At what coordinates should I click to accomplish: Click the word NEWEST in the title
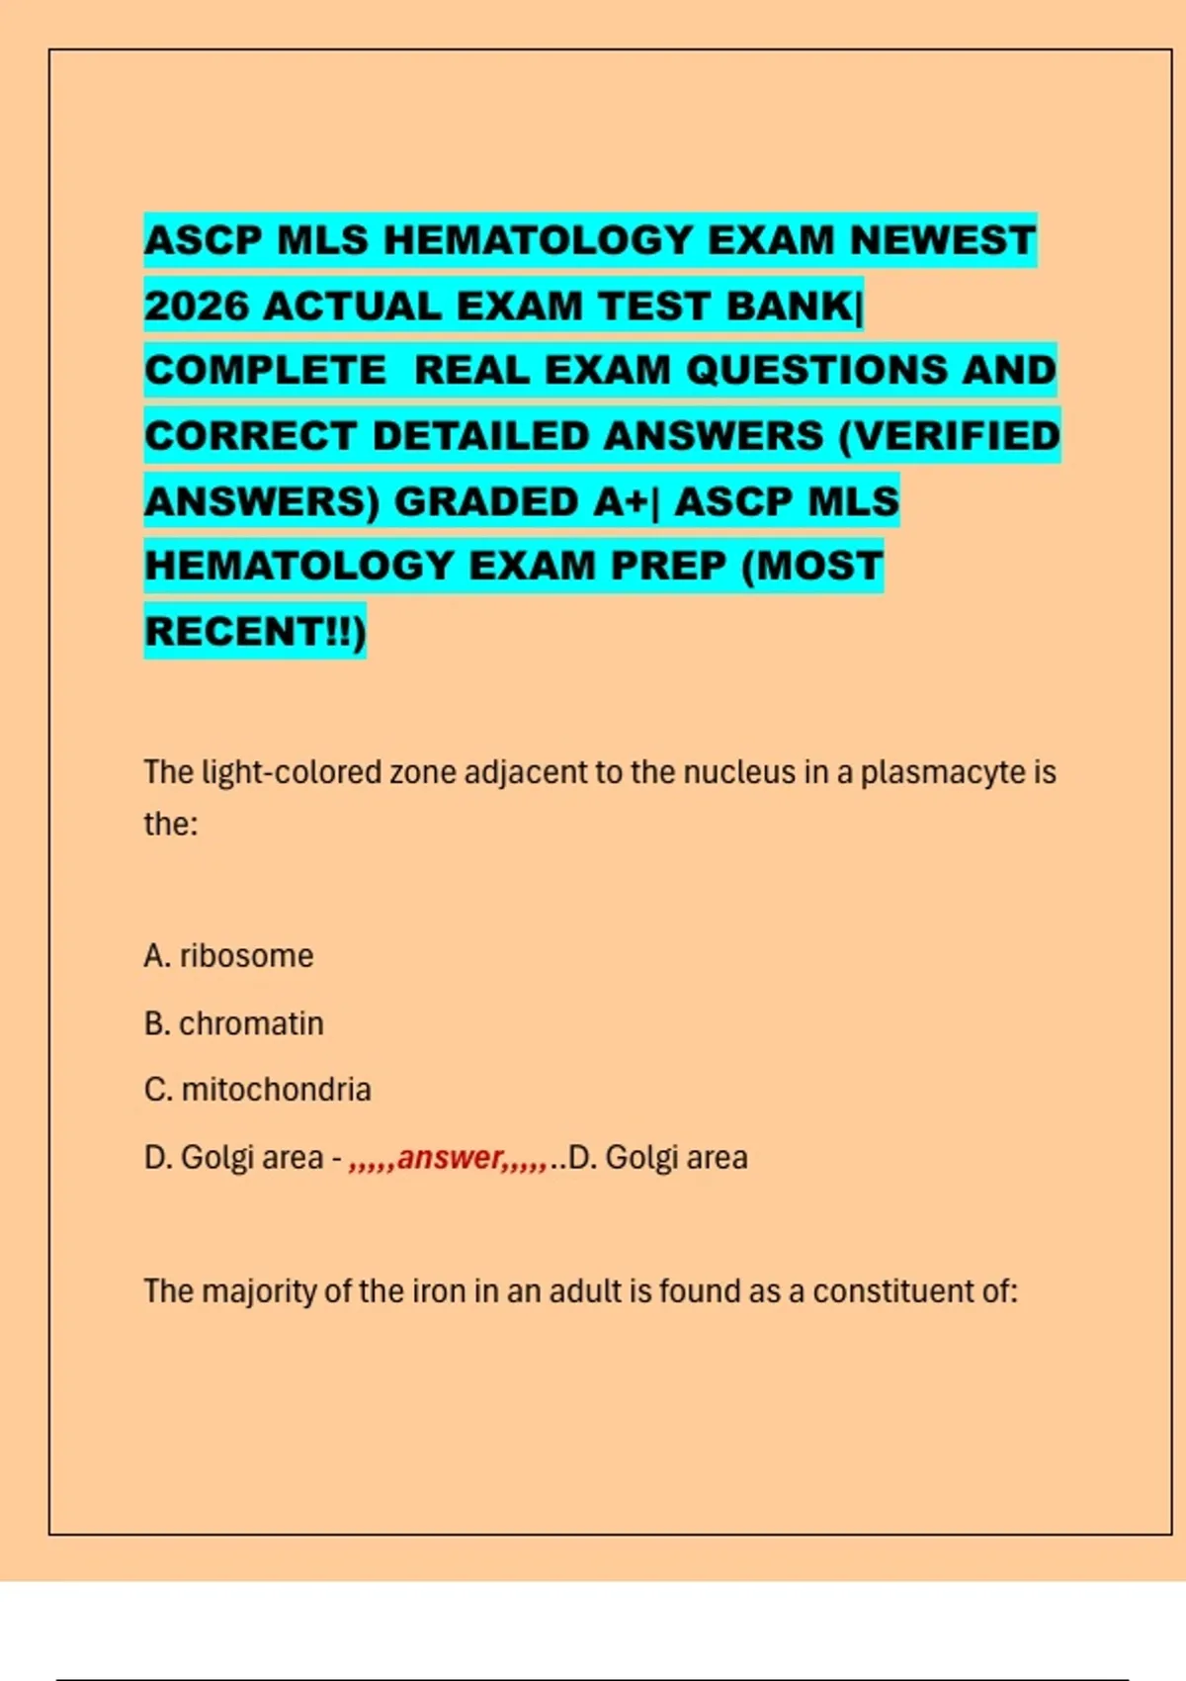pos(942,240)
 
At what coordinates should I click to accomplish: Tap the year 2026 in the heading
pos(197,306)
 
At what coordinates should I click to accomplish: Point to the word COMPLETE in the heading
pos(265,370)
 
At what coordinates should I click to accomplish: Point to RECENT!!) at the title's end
pos(255,631)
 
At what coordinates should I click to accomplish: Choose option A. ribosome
pos(228,955)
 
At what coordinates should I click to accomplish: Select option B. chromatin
pos(233,1022)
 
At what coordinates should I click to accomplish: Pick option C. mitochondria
pos(257,1089)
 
